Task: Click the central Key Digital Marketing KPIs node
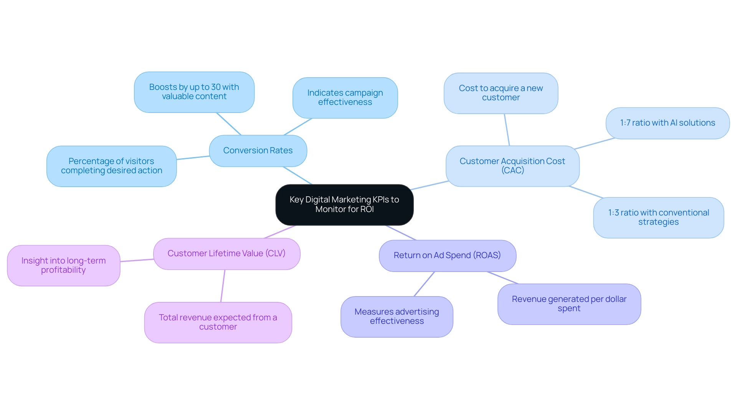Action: (344, 204)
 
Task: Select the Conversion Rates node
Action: (258, 151)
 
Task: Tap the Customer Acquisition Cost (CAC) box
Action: (512, 166)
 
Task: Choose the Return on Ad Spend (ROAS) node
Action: (447, 255)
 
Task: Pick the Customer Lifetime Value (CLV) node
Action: (226, 254)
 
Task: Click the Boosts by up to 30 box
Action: (194, 92)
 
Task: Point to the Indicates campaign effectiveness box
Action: (345, 98)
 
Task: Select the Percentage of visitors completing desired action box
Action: (111, 166)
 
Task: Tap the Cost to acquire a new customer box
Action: (501, 93)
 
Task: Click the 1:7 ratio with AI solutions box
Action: (668, 123)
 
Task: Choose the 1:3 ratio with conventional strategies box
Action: (658, 217)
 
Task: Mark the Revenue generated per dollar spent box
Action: (569, 304)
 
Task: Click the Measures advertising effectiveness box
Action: (397, 317)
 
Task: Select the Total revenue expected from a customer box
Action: (218, 322)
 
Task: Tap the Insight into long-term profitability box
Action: (64, 265)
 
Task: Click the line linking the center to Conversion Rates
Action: (297, 176)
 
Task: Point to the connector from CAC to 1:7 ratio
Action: (594, 144)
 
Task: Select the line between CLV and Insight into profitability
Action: (137, 260)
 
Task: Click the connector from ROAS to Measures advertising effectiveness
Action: (424, 284)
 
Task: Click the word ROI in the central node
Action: (367, 209)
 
